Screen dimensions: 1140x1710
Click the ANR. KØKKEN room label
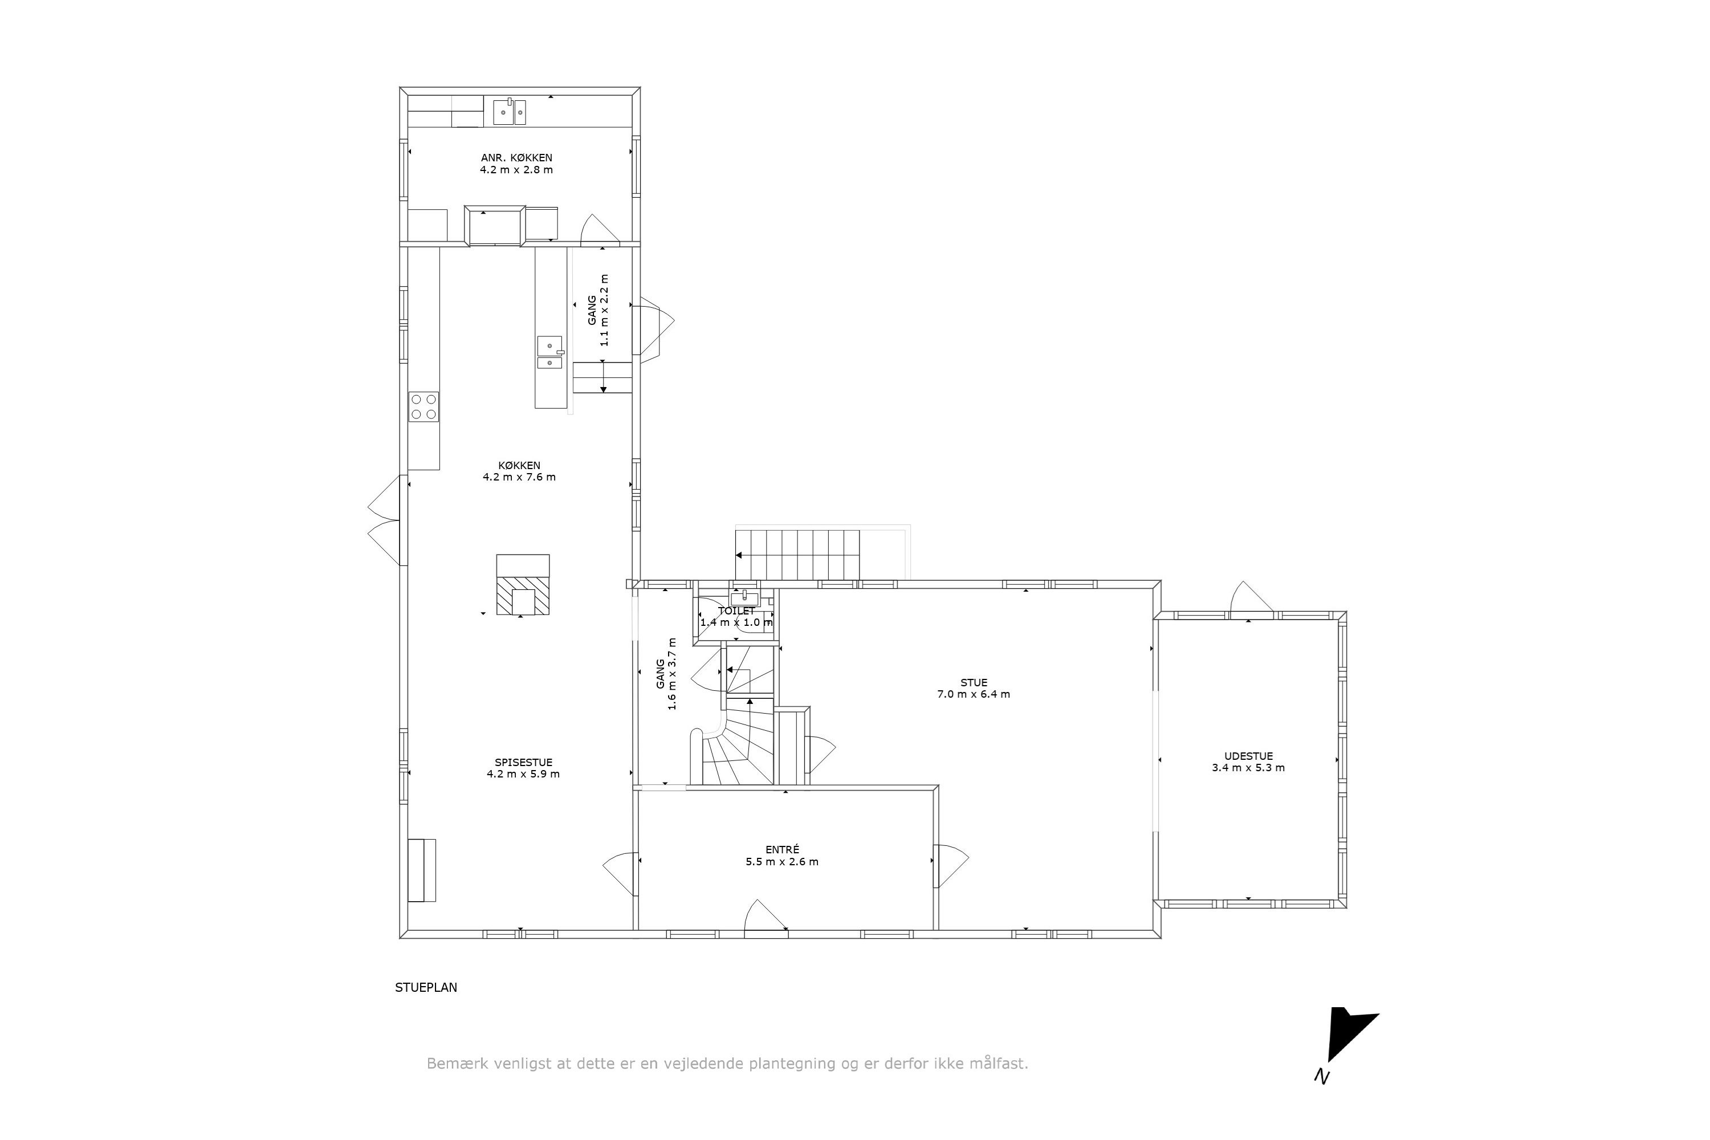pyautogui.click(x=516, y=158)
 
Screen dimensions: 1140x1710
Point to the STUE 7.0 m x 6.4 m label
pyautogui.click(x=973, y=688)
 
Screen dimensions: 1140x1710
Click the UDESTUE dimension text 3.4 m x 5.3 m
pyautogui.click(x=1248, y=768)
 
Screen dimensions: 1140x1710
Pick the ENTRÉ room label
pyautogui.click(x=781, y=849)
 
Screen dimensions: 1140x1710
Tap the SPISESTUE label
pyautogui.click(x=523, y=762)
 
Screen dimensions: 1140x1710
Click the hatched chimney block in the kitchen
pyautogui.click(x=523, y=596)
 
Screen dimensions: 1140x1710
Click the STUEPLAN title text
pyautogui.click(x=426, y=987)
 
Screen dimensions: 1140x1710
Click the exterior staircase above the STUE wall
pyautogui.click(x=797, y=555)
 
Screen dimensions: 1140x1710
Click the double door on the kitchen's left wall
pyautogui.click(x=385, y=520)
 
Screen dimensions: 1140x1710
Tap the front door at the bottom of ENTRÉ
pyautogui.click(x=765, y=916)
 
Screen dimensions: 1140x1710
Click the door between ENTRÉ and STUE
pyautogui.click(x=949, y=866)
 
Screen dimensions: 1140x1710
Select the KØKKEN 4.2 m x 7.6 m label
pyautogui.click(x=519, y=471)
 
